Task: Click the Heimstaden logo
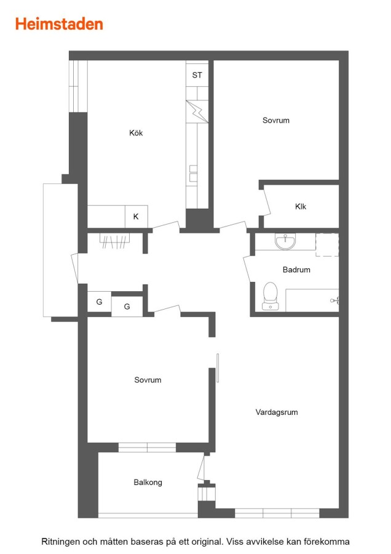pyautogui.click(x=59, y=24)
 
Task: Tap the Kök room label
pyautogui.click(x=136, y=133)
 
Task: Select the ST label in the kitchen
pyautogui.click(x=197, y=75)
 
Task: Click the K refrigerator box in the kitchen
pyautogui.click(x=136, y=217)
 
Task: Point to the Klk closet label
pyautogui.click(x=301, y=206)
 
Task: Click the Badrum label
pyautogui.click(x=296, y=270)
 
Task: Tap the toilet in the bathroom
pyautogui.click(x=271, y=296)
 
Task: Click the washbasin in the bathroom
pyautogui.click(x=285, y=242)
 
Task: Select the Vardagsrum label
pyautogui.click(x=277, y=412)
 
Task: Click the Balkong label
pyautogui.click(x=148, y=482)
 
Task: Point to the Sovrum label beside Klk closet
pyautogui.click(x=276, y=120)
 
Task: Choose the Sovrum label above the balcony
pyautogui.click(x=148, y=380)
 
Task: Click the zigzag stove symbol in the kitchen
pyautogui.click(x=197, y=111)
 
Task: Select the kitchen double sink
pyautogui.click(x=194, y=173)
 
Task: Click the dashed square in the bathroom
pyautogui.click(x=327, y=244)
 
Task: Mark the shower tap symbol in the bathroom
pyautogui.click(x=335, y=300)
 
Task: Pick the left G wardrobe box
pyautogui.click(x=99, y=302)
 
